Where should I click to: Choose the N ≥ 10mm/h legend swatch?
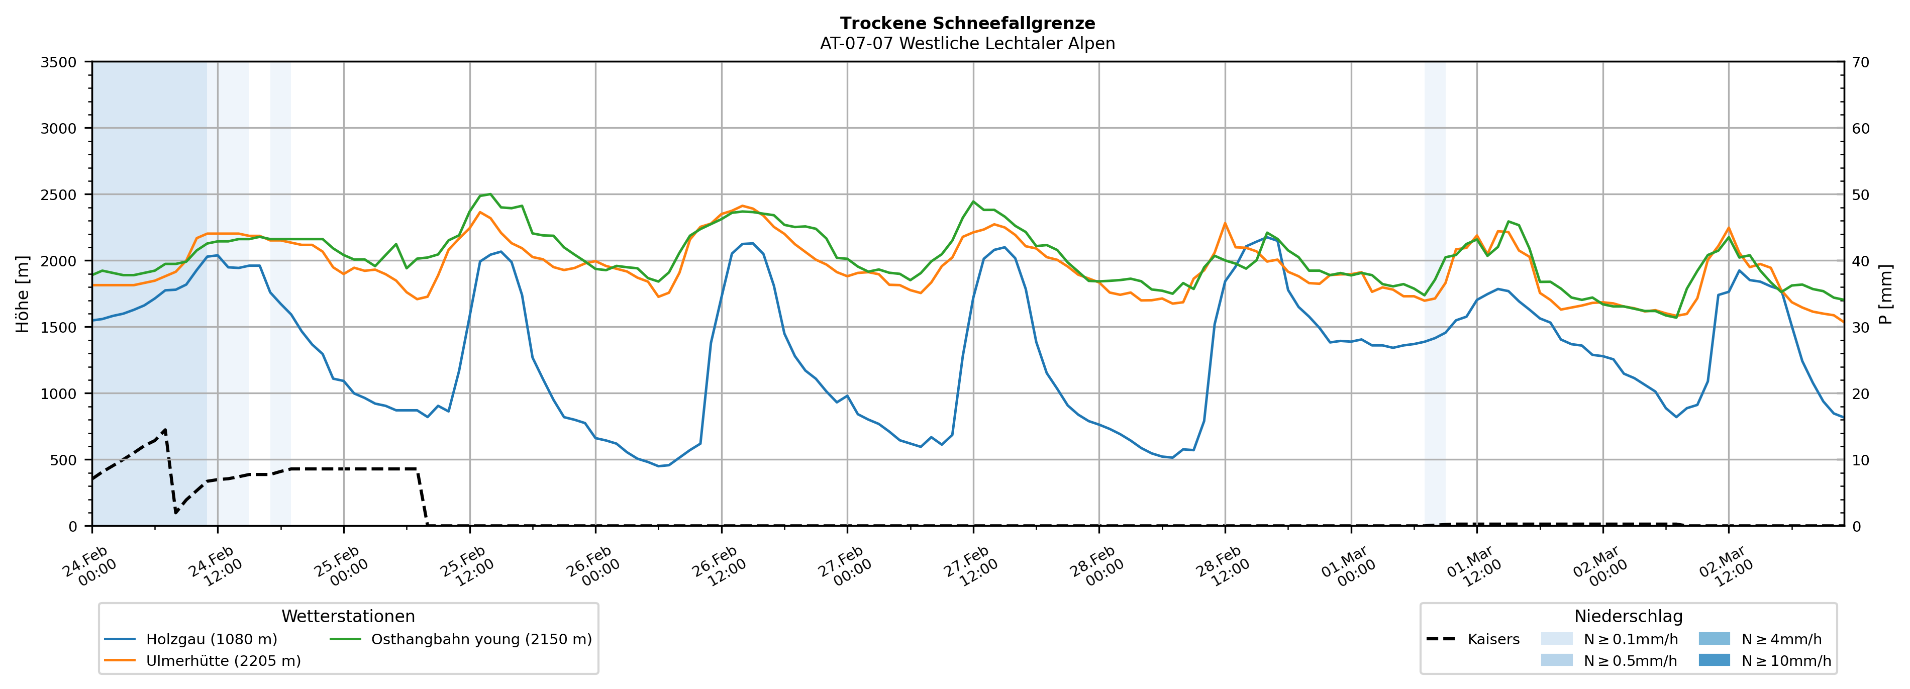point(1714,660)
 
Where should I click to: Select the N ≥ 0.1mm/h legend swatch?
point(1556,639)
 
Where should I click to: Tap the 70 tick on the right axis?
point(1860,62)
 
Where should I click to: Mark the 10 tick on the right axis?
point(1860,460)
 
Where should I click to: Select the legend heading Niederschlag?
point(1628,616)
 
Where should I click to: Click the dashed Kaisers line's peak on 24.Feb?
point(165,429)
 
